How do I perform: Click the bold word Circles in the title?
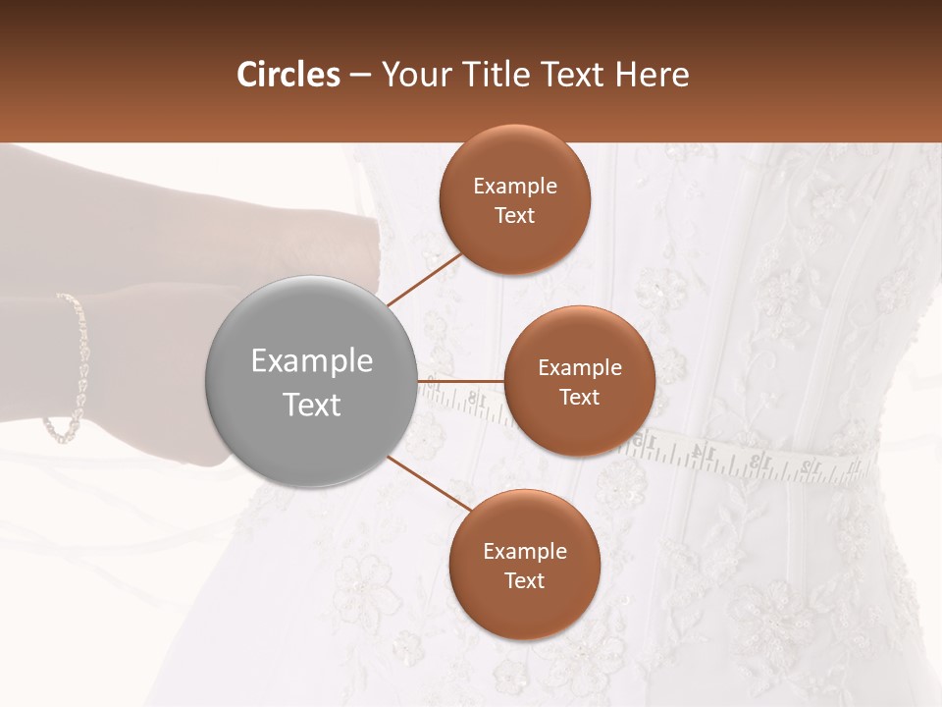click(x=288, y=75)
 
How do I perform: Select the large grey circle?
click(x=311, y=381)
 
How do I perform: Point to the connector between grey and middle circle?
click(x=460, y=381)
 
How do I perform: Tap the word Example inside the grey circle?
click(x=311, y=361)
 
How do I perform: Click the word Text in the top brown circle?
click(x=515, y=216)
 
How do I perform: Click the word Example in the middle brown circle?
click(x=580, y=368)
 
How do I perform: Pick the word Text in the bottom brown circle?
click(x=524, y=580)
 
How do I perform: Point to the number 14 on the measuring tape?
click(x=703, y=452)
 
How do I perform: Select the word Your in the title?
click(x=416, y=75)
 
